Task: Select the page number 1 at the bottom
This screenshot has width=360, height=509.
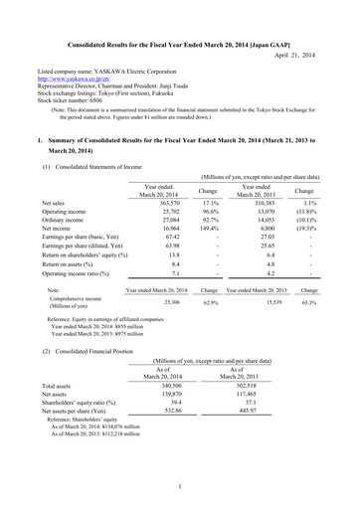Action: [180, 487]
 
